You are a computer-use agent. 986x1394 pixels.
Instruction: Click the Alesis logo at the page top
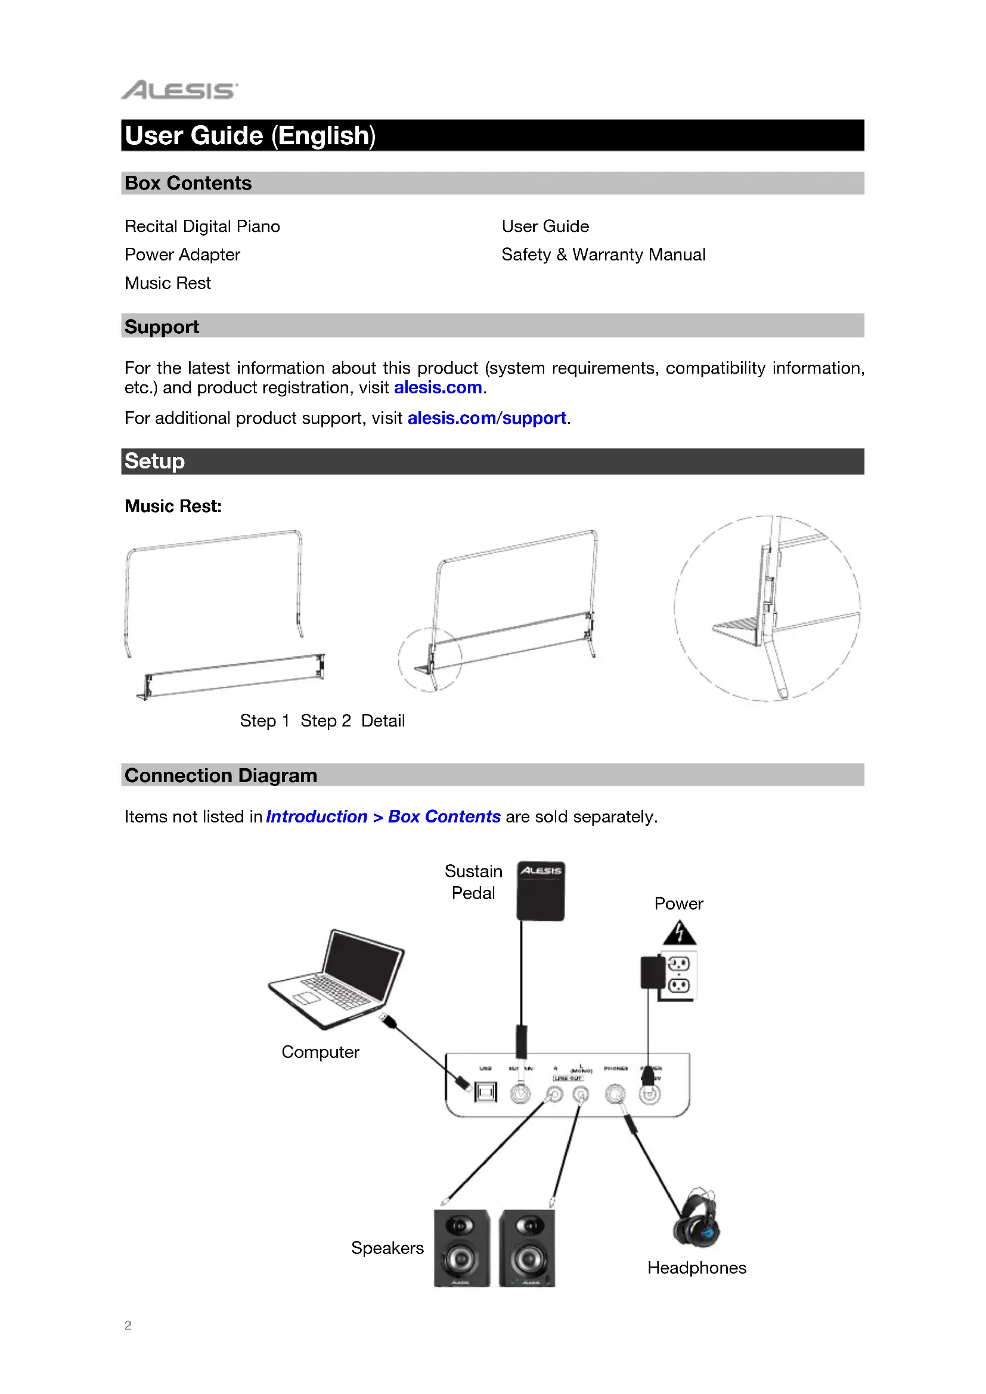tap(179, 90)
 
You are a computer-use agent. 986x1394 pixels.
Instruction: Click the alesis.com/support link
tap(487, 418)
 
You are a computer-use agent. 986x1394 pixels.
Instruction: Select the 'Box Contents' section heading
tap(188, 184)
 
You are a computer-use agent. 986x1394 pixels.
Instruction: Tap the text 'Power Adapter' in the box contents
tap(182, 255)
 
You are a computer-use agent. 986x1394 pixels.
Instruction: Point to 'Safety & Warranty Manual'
tap(603, 255)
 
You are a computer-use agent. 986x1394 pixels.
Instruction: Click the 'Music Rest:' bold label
tap(173, 507)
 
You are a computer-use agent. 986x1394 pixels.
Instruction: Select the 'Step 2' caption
tap(325, 721)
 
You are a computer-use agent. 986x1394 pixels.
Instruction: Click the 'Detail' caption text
tap(383, 721)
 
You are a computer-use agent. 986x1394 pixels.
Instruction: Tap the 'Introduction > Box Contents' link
tap(383, 817)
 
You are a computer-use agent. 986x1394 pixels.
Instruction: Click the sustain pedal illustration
tap(540, 890)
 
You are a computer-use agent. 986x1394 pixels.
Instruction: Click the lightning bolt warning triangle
tap(680, 933)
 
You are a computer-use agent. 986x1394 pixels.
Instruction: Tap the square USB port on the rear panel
tap(485, 1093)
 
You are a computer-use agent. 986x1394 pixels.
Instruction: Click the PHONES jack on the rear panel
tap(615, 1094)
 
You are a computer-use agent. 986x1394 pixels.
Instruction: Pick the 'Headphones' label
tap(696, 1268)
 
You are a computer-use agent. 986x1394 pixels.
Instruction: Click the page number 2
tap(128, 1325)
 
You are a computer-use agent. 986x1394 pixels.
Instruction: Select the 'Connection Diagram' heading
tap(221, 776)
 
